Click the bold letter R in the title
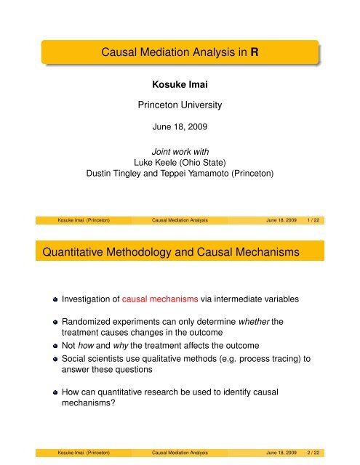coord(267,52)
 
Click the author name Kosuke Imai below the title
coord(180,86)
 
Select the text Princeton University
coord(180,105)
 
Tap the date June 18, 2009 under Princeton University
coord(180,126)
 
